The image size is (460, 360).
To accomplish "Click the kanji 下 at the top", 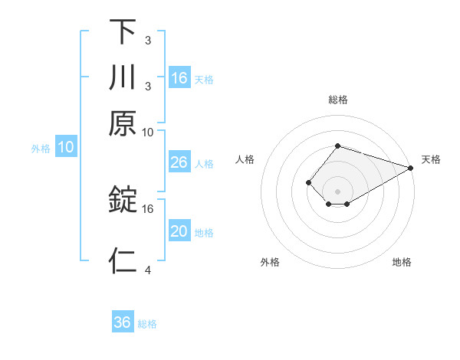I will pyautogui.click(x=123, y=31).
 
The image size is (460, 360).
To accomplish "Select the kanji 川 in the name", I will pyautogui.click(x=123, y=77).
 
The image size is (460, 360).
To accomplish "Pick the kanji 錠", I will pyautogui.click(x=123, y=200).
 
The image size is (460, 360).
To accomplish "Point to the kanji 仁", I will pyautogui.click(x=123, y=260).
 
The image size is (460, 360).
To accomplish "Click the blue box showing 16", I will pyautogui.click(x=179, y=77).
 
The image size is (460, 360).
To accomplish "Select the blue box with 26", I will pyautogui.click(x=179, y=162).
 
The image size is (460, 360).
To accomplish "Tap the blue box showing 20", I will pyautogui.click(x=179, y=231).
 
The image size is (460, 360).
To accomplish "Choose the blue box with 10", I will pyautogui.click(x=66, y=147).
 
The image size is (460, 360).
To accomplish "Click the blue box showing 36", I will pyautogui.click(x=123, y=322).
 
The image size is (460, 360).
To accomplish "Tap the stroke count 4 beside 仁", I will pyautogui.click(x=147, y=270).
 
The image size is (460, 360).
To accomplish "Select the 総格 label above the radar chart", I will pyautogui.click(x=338, y=100).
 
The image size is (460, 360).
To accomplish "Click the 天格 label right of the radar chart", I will pyautogui.click(x=431, y=159).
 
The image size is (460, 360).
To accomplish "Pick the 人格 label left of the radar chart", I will pyautogui.click(x=245, y=159).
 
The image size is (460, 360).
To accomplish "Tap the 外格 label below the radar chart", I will pyautogui.click(x=270, y=263).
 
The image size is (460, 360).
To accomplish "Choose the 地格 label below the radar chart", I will pyautogui.click(x=402, y=263).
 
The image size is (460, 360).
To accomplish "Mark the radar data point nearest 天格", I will pyautogui.click(x=410, y=167).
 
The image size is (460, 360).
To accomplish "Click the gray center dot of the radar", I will pyautogui.click(x=338, y=191).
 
